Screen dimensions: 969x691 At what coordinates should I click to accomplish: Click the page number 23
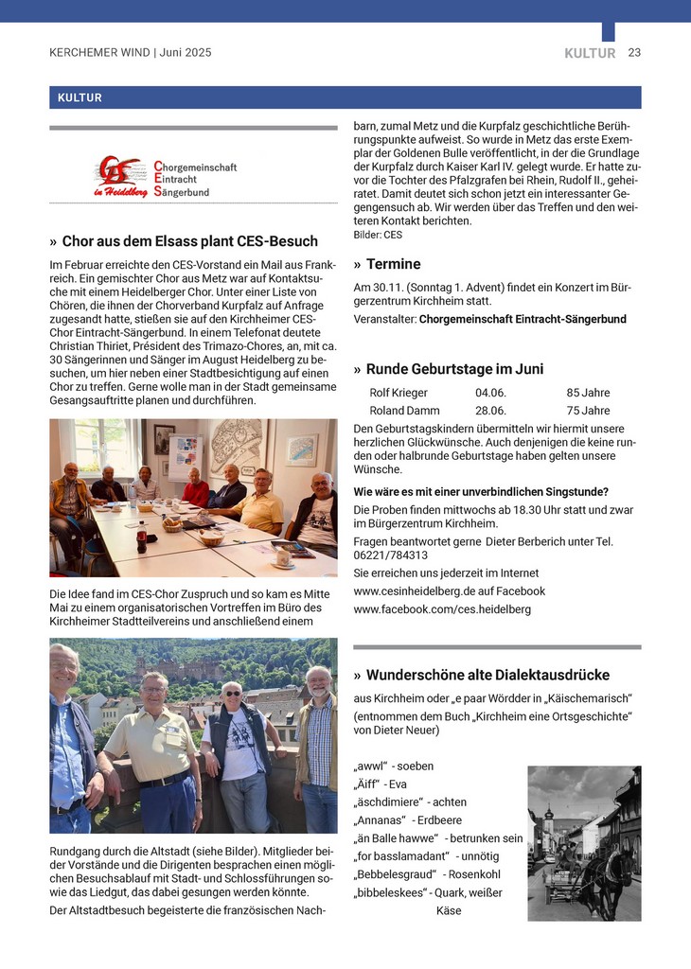(634, 53)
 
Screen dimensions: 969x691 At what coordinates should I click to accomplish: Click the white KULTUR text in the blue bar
(80, 97)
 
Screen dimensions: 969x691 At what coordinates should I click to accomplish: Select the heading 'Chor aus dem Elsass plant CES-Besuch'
(189, 241)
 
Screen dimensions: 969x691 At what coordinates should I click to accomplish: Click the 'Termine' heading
(393, 264)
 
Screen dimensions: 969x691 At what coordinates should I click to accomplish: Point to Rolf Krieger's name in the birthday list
(399, 393)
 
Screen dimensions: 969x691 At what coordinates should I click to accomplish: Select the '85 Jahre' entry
(588, 393)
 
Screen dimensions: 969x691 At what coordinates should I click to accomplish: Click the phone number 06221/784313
(390, 555)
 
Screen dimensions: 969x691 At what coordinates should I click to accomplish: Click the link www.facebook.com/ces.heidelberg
(442, 609)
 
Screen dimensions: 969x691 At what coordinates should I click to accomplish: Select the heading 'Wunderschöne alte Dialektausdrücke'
(487, 675)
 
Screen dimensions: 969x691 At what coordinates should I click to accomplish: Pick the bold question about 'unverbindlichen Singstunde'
(481, 492)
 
